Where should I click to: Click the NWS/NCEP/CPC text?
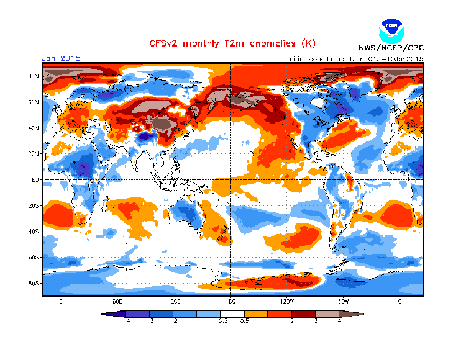(x=391, y=48)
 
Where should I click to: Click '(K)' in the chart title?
(x=308, y=43)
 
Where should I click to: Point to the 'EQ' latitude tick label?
(x=36, y=179)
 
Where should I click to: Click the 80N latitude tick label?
(x=34, y=76)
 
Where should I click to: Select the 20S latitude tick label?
(x=34, y=205)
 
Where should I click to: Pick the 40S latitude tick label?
(x=34, y=232)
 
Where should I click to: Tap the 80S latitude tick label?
(x=34, y=284)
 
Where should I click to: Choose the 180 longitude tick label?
(x=231, y=301)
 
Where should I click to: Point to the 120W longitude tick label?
(x=286, y=301)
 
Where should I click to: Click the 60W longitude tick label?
(x=343, y=301)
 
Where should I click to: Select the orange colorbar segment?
(x=257, y=314)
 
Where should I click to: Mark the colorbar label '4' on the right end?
(x=340, y=321)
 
